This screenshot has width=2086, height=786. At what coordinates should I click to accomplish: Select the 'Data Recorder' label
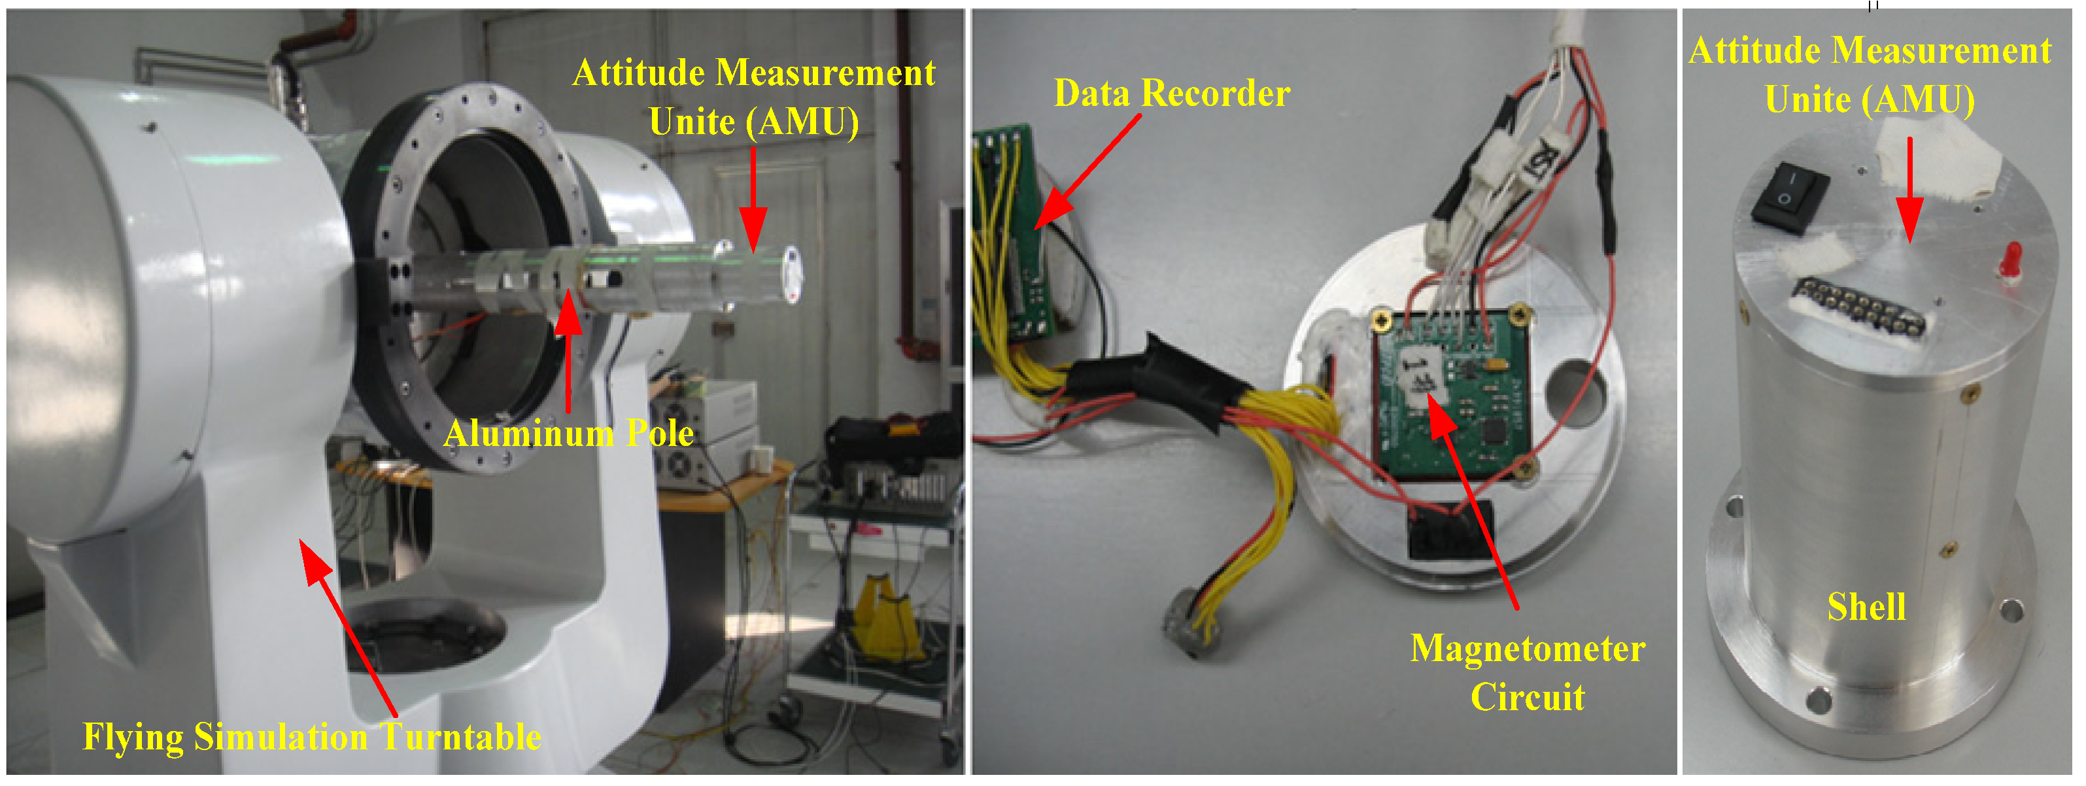coord(1171,94)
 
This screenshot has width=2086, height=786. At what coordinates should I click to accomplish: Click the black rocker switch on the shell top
coord(1790,197)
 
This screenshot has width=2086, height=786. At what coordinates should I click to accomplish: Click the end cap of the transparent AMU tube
coord(793,275)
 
